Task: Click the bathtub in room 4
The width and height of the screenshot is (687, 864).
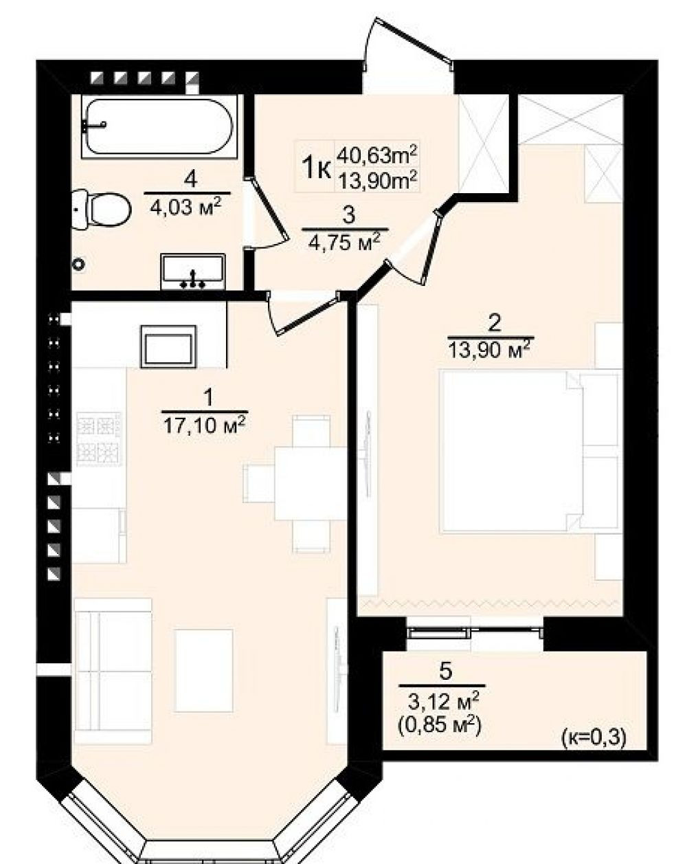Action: click(161, 126)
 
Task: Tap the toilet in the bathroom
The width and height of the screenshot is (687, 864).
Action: click(102, 209)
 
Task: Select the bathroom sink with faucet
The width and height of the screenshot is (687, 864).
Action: click(192, 271)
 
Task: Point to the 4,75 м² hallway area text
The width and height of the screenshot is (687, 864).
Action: click(344, 243)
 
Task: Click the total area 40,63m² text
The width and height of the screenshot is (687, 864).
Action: click(377, 155)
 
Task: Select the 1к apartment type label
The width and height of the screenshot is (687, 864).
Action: click(316, 168)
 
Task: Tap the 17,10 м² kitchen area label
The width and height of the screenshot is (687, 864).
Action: click(204, 425)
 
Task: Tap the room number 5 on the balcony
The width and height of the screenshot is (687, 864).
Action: click(445, 671)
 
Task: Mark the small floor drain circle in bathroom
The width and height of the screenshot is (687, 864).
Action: click(78, 263)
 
